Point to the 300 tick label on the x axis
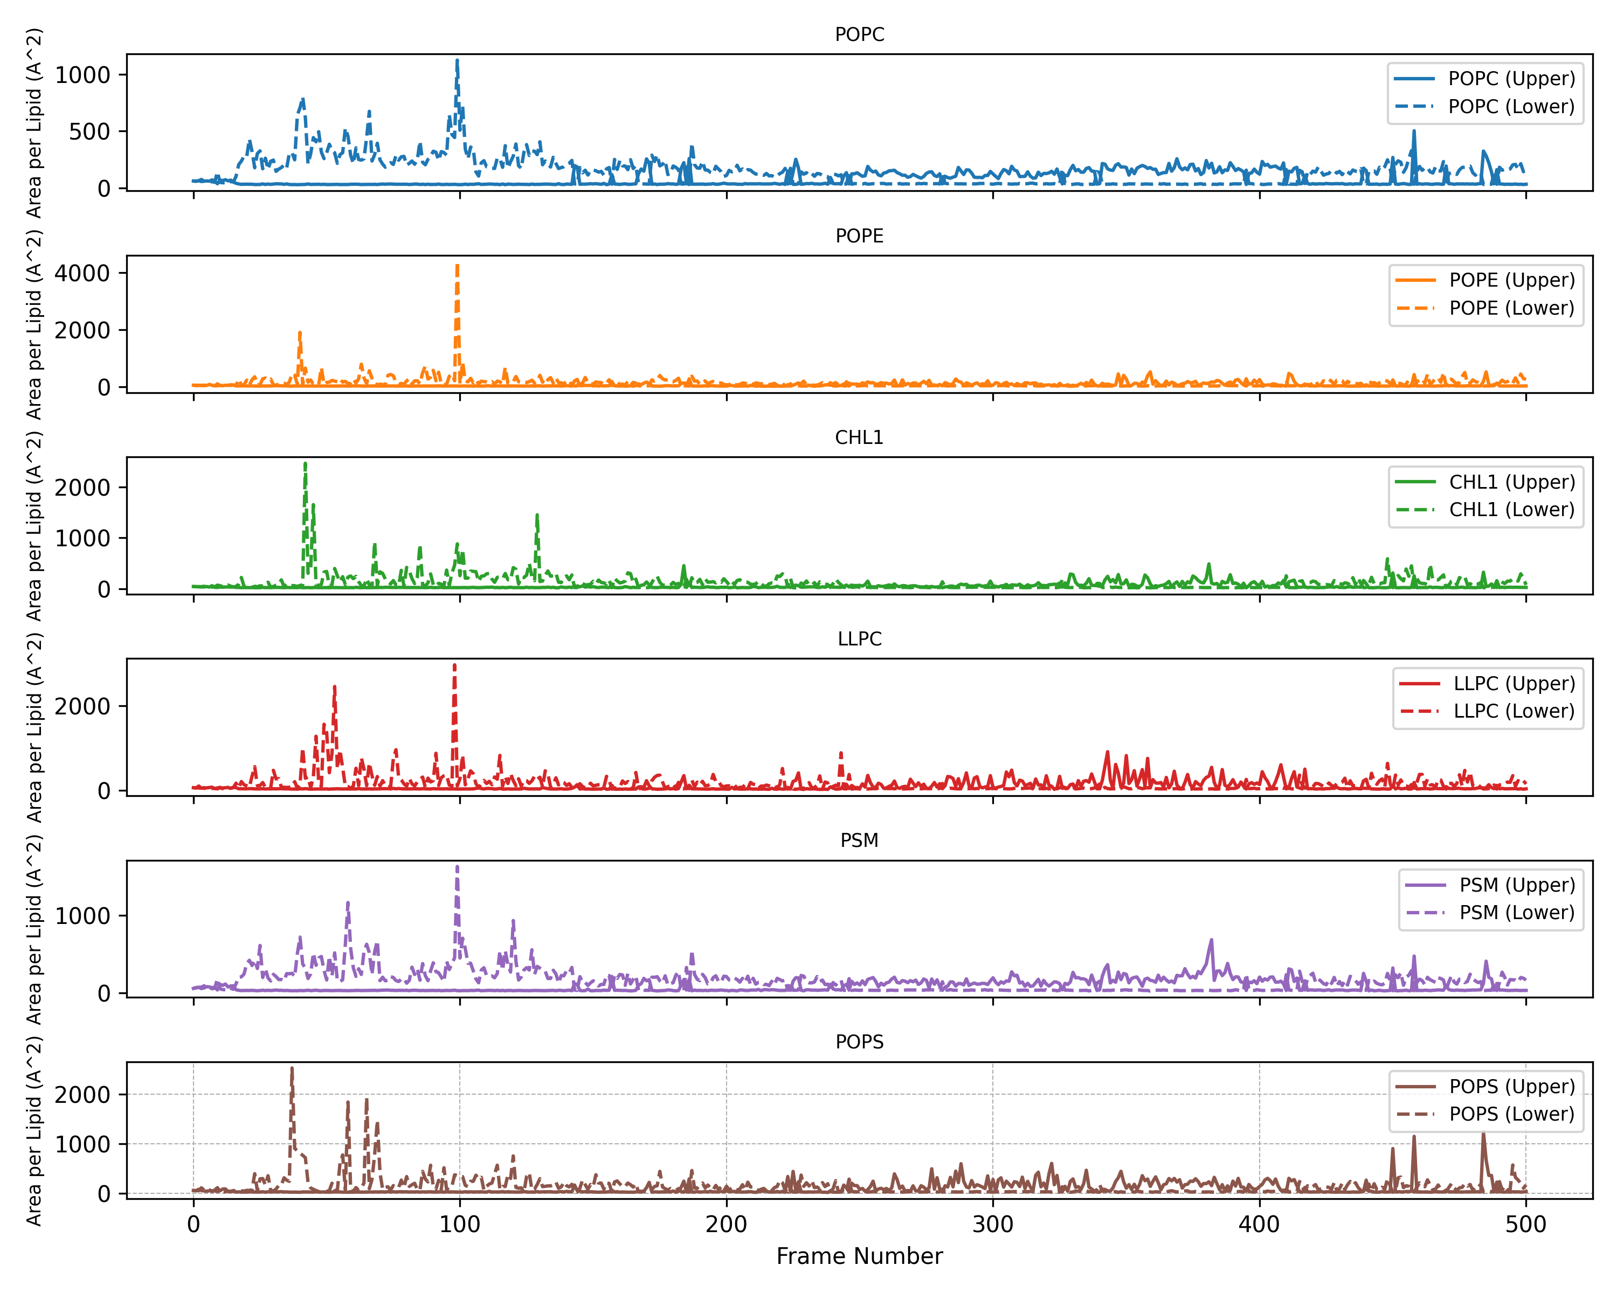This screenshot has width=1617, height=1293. (992, 1224)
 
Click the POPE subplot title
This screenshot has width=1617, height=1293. (860, 236)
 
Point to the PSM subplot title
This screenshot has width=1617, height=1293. (860, 840)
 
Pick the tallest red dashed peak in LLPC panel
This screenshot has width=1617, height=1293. (454, 665)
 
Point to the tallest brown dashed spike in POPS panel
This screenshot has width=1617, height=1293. (292, 1069)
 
